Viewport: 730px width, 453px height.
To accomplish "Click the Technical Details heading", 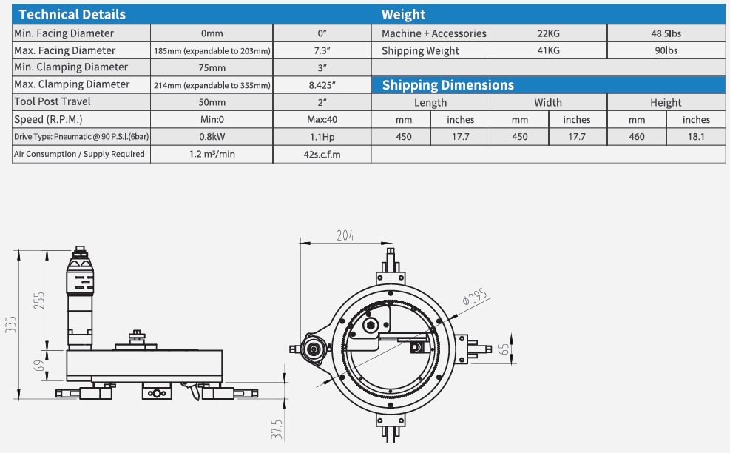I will pyautogui.click(x=72, y=15).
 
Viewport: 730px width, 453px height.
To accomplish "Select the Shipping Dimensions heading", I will pyautogui.click(x=447, y=85).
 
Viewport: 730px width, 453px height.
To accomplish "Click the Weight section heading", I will pyautogui.click(x=403, y=15).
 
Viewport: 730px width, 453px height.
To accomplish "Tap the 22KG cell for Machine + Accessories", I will pyautogui.click(x=549, y=33).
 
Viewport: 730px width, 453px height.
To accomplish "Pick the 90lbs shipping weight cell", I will pyautogui.click(x=666, y=50).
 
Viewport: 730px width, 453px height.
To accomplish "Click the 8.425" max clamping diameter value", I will pyautogui.click(x=322, y=85).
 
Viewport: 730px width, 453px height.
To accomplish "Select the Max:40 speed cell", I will pyautogui.click(x=322, y=119).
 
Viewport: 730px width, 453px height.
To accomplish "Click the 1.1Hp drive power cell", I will pyautogui.click(x=322, y=136).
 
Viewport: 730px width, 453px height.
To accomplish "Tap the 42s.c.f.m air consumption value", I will pyautogui.click(x=322, y=154).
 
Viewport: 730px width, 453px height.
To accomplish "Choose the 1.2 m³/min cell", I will pyautogui.click(x=212, y=154).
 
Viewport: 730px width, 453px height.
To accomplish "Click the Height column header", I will pyautogui.click(x=666, y=102).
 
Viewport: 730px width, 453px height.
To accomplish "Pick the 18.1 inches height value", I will pyautogui.click(x=695, y=136).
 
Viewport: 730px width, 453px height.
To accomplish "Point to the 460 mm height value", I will pyautogui.click(x=636, y=136).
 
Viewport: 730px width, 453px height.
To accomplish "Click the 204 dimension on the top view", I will pyautogui.click(x=345, y=235).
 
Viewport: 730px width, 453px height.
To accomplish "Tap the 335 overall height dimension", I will pyautogui.click(x=11, y=324).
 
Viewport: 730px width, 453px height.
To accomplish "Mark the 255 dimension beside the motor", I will pyautogui.click(x=41, y=300).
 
